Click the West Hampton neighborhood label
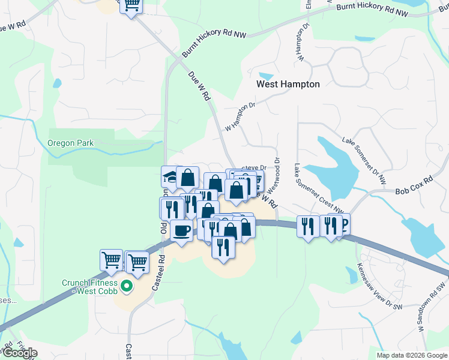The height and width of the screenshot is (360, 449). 288,85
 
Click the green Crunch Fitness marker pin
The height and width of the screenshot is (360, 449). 126,287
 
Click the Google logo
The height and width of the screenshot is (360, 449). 20,353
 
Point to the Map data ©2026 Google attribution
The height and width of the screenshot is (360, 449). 412,355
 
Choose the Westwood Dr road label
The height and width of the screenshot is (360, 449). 277,171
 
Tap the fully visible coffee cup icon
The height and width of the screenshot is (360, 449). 181,230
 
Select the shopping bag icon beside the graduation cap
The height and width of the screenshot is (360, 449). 188,178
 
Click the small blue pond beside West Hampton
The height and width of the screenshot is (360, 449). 266,77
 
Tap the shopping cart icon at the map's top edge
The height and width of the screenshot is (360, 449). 131,5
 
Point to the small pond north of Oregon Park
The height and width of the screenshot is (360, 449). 57,83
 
